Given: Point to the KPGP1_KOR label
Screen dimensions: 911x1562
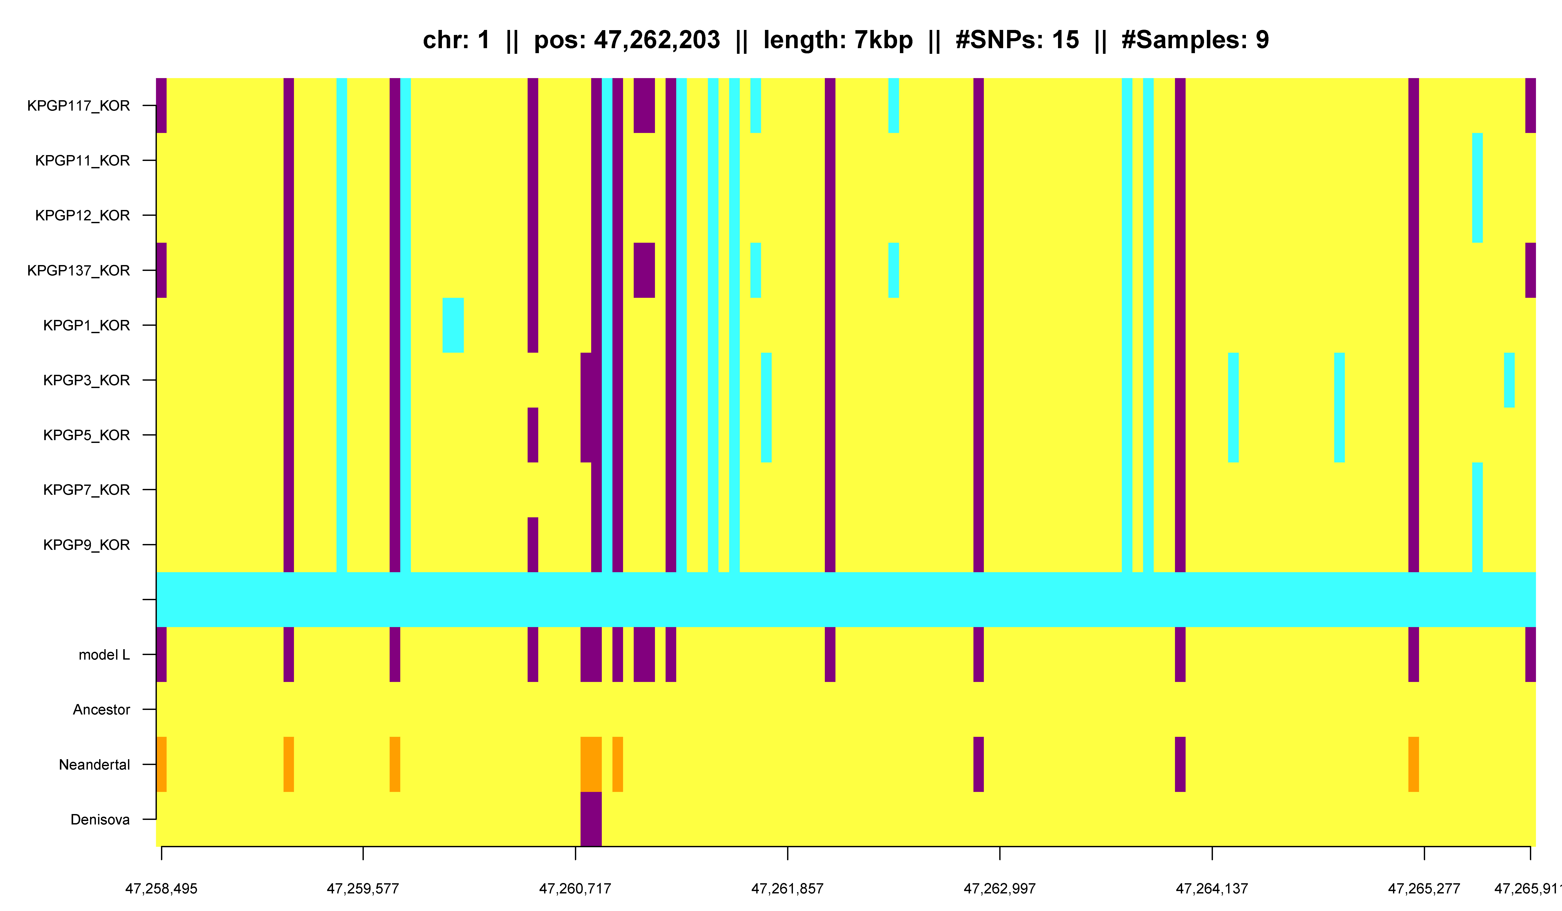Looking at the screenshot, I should (86, 326).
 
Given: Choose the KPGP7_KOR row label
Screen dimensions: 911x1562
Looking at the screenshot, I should (86, 490).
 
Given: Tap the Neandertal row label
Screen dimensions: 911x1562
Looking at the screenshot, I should (94, 765).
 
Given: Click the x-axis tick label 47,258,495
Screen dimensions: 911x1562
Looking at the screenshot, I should (161, 889).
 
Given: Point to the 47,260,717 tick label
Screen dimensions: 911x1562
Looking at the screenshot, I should (575, 889).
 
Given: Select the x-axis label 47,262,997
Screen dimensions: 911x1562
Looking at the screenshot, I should (999, 889).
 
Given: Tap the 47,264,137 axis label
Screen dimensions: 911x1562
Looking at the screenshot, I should (1212, 889).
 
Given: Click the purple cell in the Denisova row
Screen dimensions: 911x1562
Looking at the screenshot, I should (591, 819).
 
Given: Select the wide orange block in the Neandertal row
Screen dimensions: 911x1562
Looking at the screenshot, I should (591, 764).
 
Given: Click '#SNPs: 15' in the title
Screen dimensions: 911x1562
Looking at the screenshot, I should (1017, 40).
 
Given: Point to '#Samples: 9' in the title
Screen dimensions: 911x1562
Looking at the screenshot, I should (1195, 40).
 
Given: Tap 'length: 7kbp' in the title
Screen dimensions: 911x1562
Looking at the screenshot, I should (838, 40).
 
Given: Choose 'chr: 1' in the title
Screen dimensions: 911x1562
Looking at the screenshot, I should (456, 40).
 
